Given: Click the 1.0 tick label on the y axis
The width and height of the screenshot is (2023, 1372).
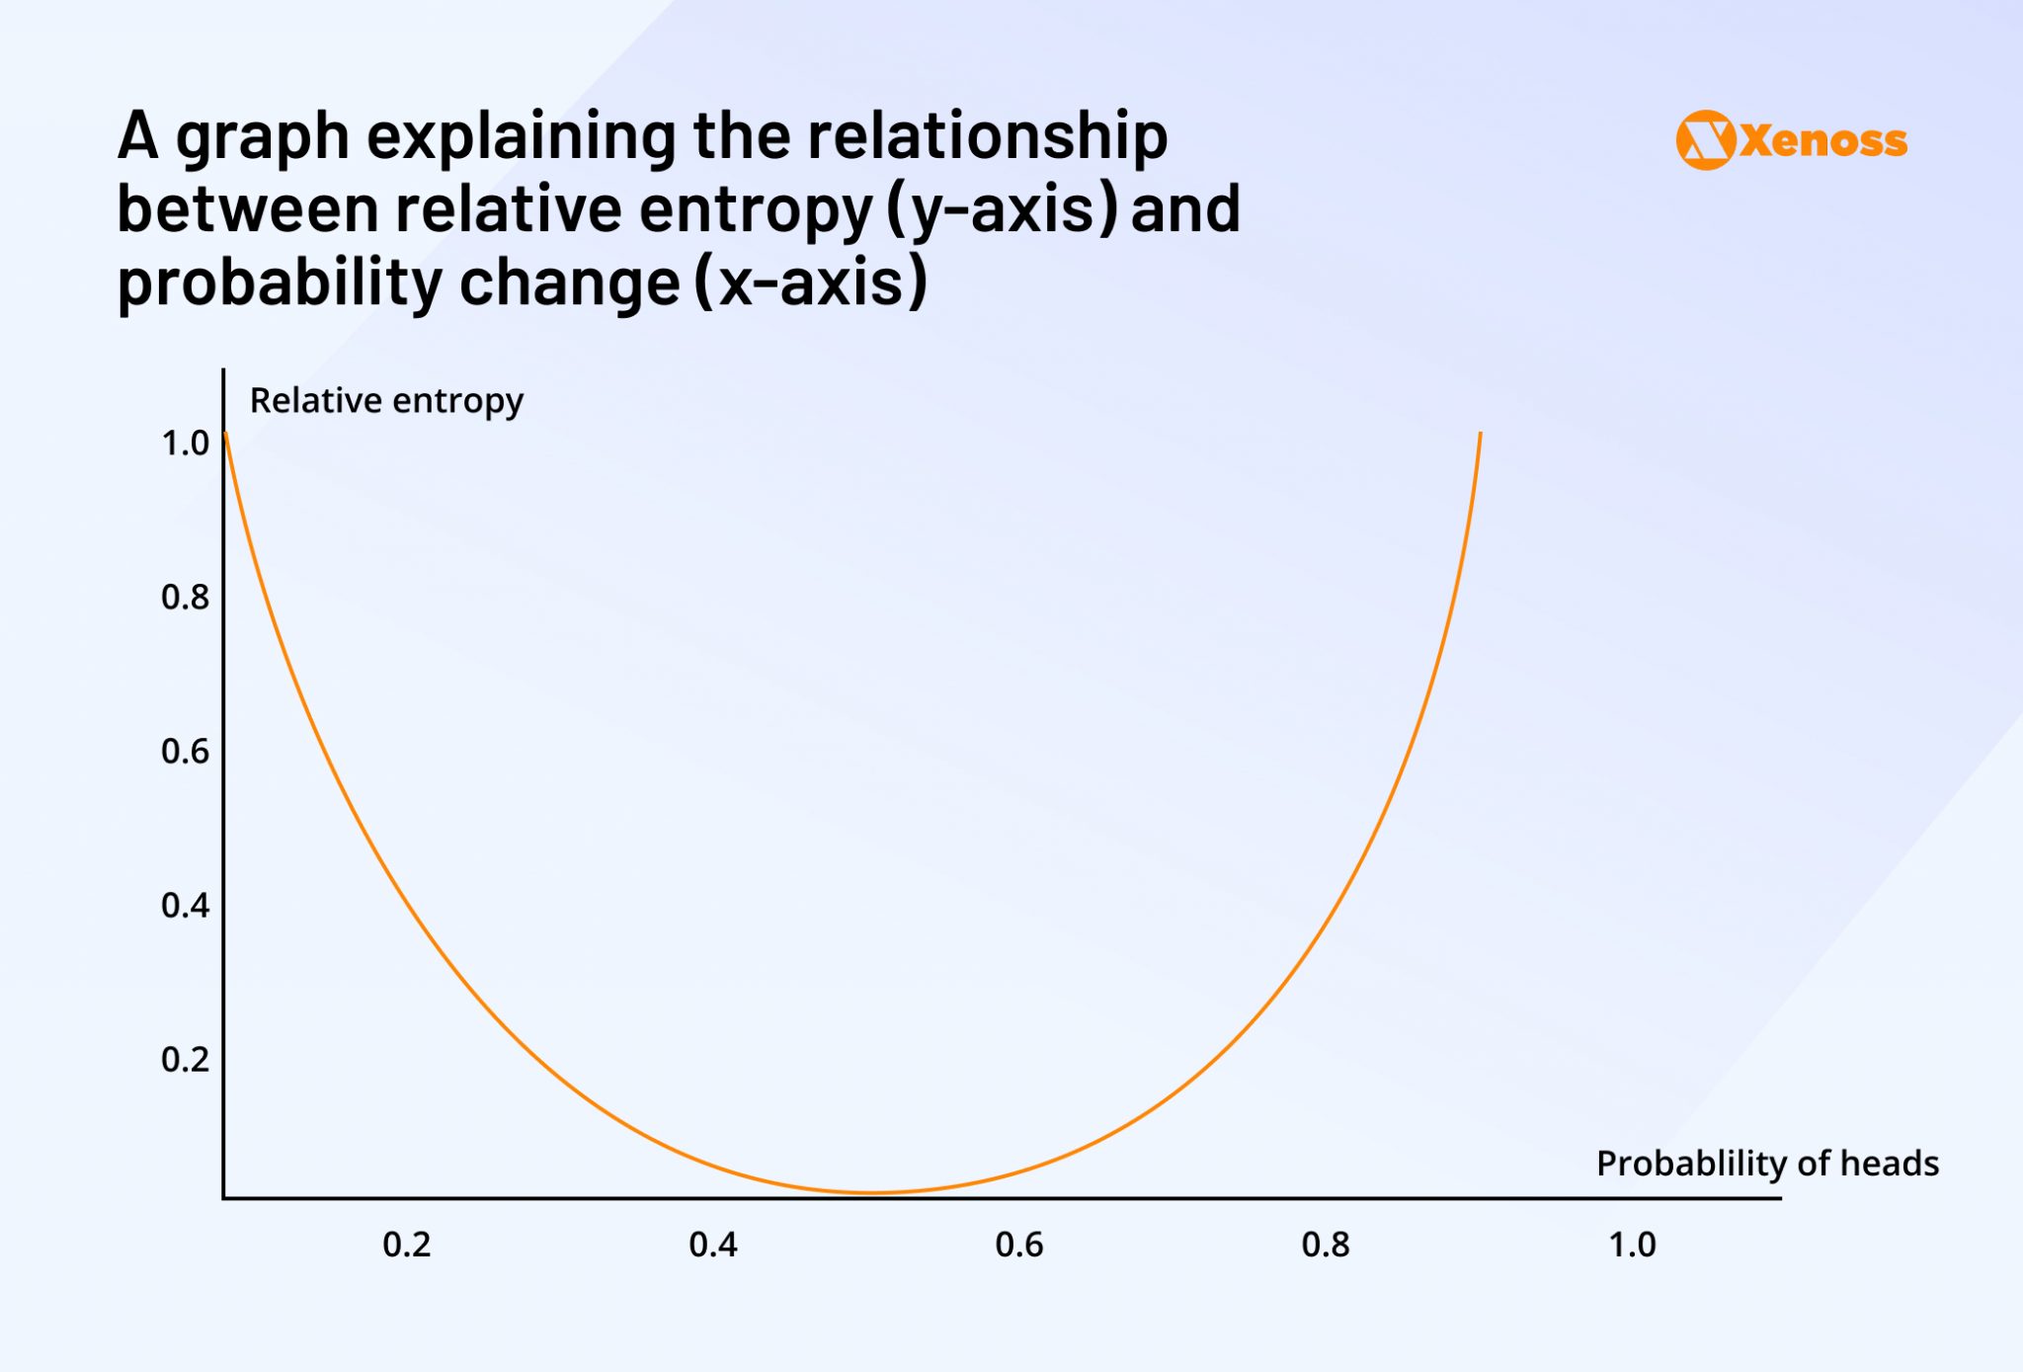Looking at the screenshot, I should click(x=185, y=444).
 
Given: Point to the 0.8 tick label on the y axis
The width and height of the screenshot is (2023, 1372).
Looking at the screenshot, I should click(x=185, y=598).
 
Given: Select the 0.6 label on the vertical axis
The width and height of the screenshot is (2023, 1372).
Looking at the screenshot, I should click(x=185, y=752).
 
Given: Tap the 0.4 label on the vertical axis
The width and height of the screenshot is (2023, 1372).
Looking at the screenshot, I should click(x=185, y=906).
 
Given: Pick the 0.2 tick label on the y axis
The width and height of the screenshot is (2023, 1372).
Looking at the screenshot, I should click(x=185, y=1060).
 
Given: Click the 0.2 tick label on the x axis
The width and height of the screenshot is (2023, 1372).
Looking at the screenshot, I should click(x=407, y=1245).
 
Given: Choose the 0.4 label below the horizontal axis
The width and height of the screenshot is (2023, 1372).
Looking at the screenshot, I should click(x=713, y=1245).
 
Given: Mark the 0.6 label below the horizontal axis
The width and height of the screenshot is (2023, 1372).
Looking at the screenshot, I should click(x=1019, y=1245).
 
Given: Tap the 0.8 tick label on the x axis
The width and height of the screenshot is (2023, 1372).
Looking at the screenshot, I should click(x=1326, y=1245).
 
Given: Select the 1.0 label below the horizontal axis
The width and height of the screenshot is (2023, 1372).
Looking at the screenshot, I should click(x=1632, y=1245).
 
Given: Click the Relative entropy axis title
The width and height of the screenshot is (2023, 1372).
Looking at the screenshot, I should click(x=386, y=401).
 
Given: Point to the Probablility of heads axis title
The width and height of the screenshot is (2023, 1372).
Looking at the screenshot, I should click(x=1767, y=1164).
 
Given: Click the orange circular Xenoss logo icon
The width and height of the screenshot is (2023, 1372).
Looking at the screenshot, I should click(x=1705, y=140).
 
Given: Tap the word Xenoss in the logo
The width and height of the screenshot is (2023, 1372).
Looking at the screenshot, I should click(x=1823, y=141).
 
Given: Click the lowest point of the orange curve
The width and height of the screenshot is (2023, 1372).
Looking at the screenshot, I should click(x=869, y=1192).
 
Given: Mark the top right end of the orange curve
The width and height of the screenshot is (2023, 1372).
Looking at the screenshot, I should click(x=1480, y=435).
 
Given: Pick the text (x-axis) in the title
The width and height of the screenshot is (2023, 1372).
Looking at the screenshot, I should click(x=811, y=282).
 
